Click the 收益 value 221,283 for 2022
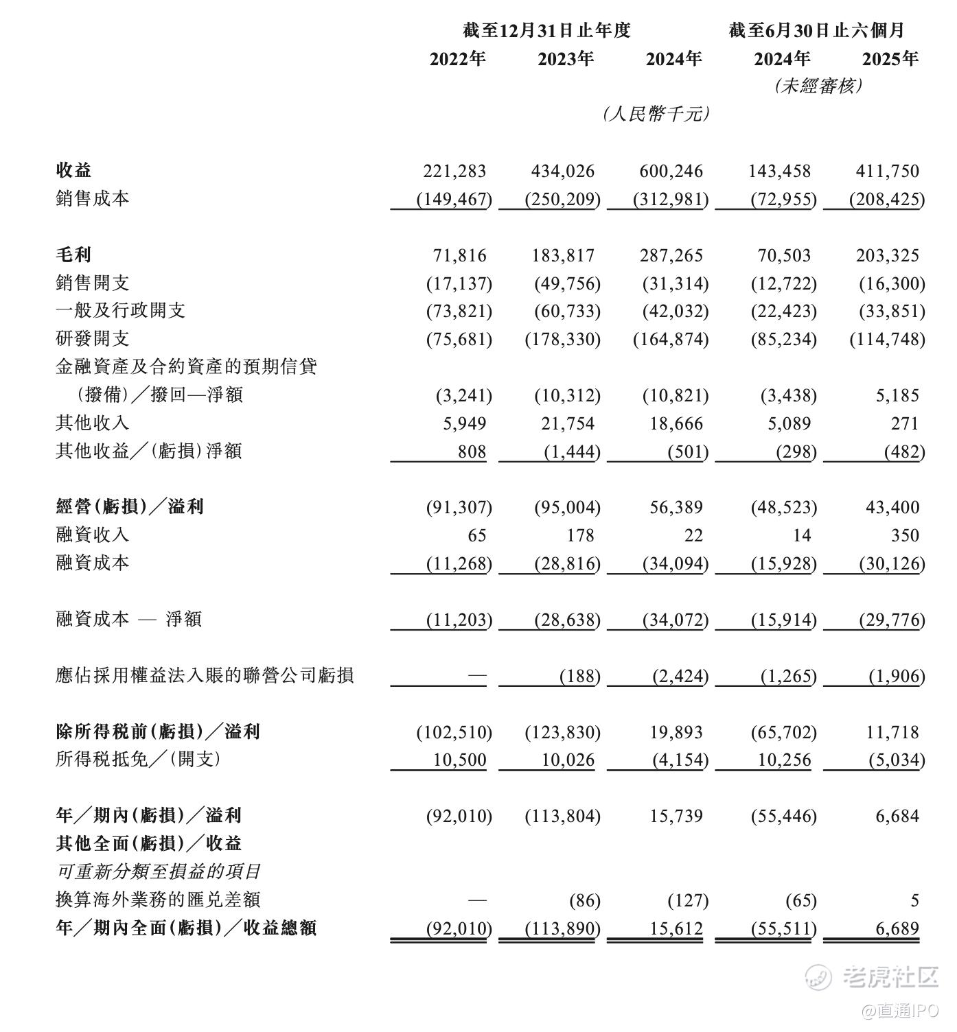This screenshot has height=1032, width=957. tap(455, 171)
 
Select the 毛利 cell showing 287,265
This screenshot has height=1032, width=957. tap(671, 255)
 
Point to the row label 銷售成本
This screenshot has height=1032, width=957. tap(92, 199)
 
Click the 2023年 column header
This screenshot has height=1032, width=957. tap(566, 59)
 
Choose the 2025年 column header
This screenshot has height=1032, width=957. tap(890, 59)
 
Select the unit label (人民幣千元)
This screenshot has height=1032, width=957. tap(656, 114)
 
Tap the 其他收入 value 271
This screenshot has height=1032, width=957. tap(904, 423)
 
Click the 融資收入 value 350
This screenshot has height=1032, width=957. tap(904, 535)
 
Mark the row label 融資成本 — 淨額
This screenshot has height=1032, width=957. tap(128, 619)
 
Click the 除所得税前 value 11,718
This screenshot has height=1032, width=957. tap(892, 732)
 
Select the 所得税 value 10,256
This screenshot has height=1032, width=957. tap(785, 760)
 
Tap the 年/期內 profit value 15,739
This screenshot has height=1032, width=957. tap(675, 816)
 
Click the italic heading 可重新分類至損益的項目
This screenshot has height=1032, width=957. tap(158, 871)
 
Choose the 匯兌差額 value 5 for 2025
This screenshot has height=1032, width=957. tap(914, 900)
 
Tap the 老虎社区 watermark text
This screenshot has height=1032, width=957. tap(890, 977)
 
